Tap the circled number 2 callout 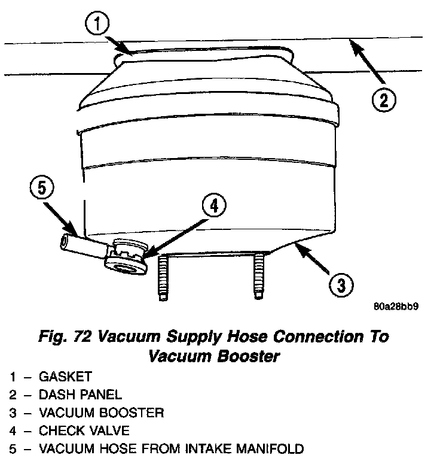[x=383, y=98]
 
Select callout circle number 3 [x=340, y=284]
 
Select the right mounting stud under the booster [x=258, y=275]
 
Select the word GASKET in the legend [x=66, y=377]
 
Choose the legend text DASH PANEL [x=81, y=395]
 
